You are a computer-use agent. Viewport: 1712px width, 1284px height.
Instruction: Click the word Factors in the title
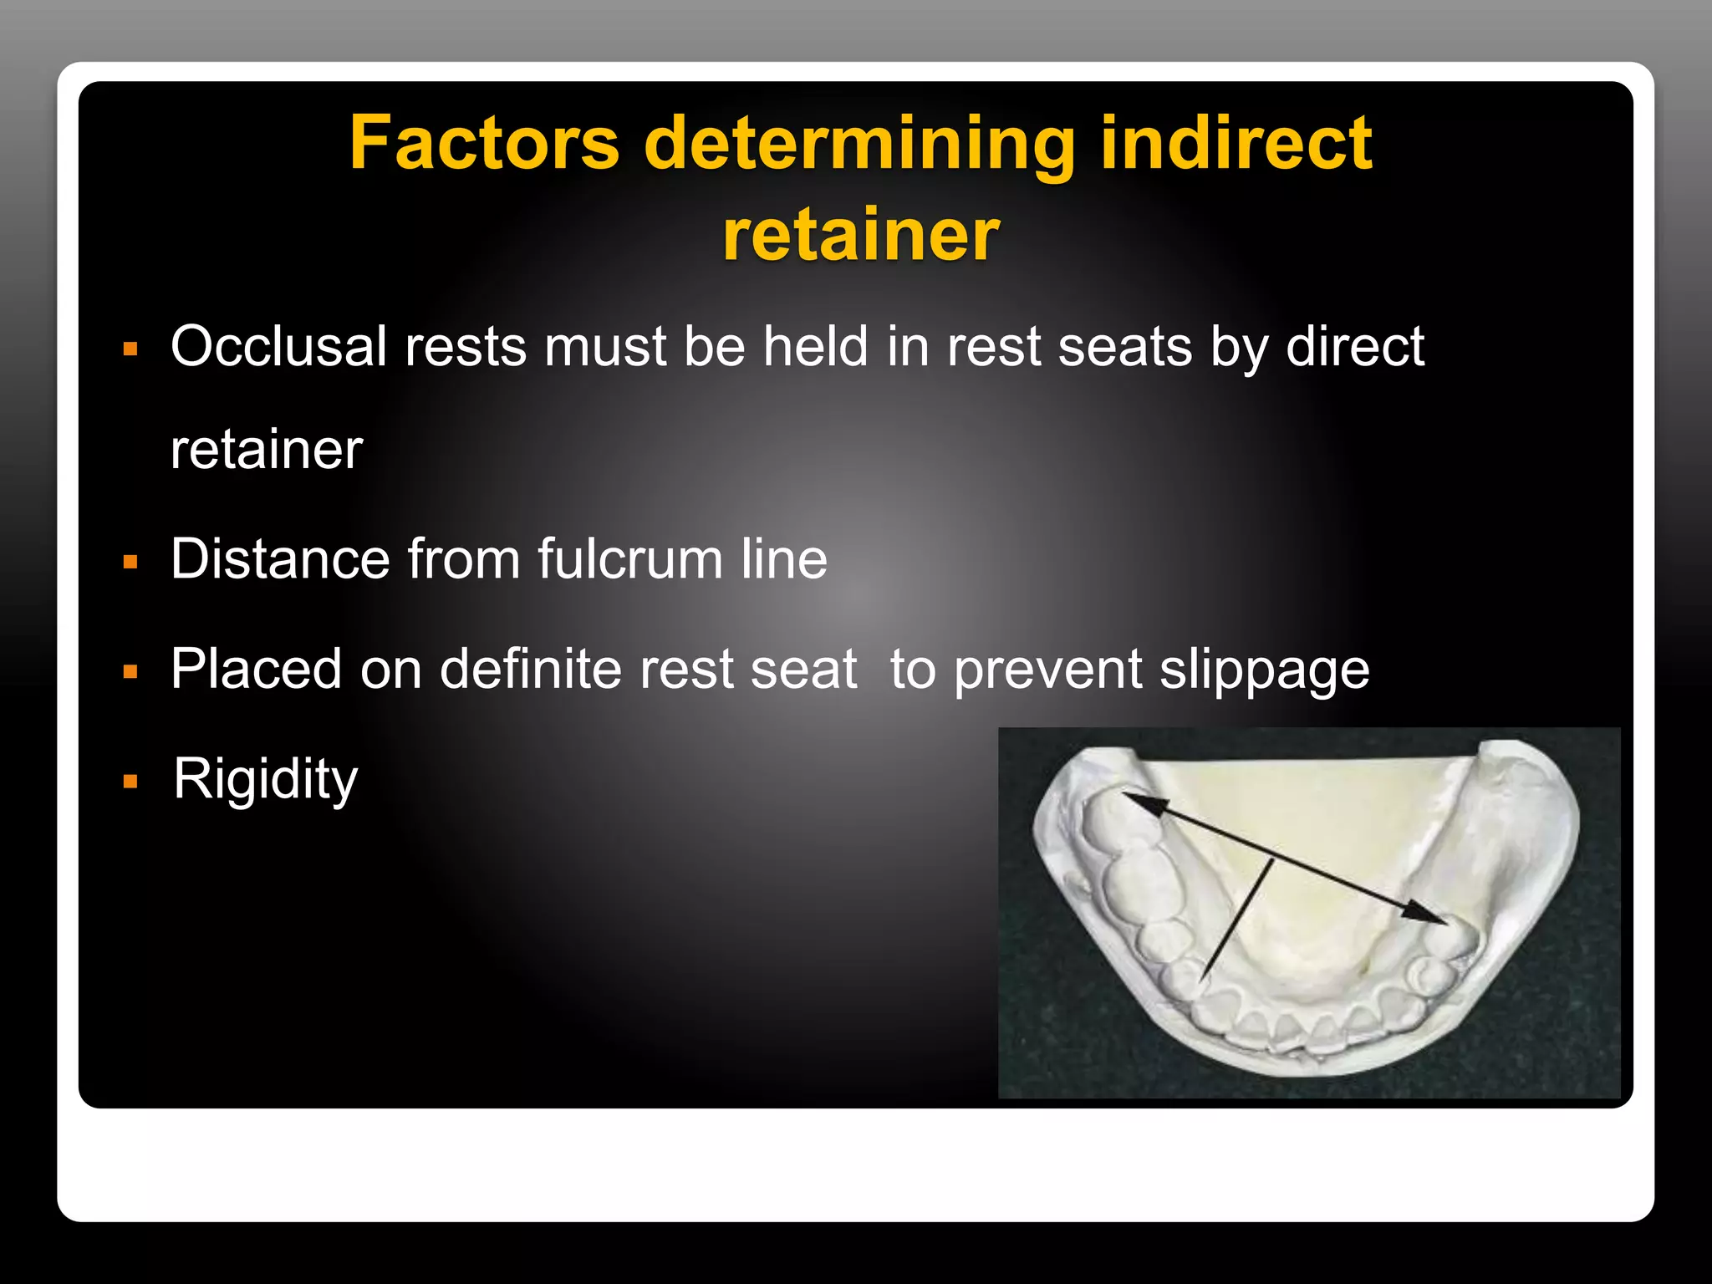(484, 143)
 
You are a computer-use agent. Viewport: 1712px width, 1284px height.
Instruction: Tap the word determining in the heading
(859, 145)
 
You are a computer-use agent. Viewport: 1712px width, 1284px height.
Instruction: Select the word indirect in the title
(1236, 143)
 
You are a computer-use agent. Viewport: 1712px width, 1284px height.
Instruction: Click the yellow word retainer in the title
(861, 235)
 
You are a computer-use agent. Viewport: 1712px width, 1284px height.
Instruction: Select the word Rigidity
(266, 779)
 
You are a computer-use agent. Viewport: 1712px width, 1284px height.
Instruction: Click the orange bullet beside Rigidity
(130, 782)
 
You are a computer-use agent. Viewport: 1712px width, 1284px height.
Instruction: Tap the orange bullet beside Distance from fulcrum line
(130, 562)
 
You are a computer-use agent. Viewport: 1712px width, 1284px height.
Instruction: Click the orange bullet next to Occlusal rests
(130, 349)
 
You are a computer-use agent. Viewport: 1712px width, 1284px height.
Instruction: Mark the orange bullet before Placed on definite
(130, 672)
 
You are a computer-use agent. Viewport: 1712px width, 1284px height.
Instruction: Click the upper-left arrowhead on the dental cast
(1139, 801)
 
